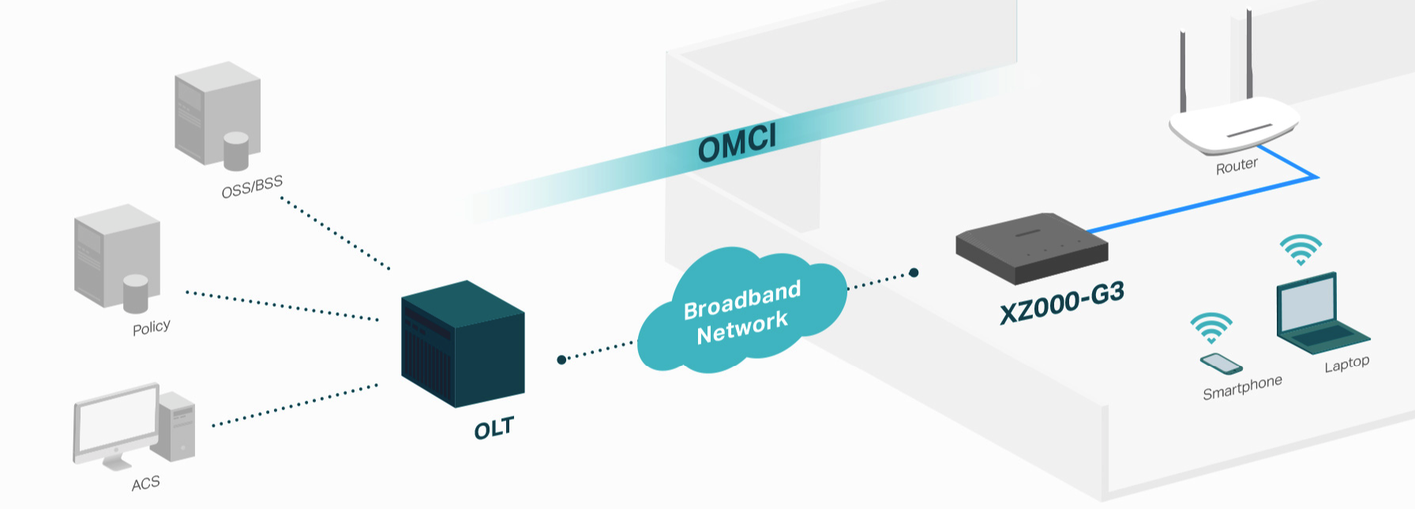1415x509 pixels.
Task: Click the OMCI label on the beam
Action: [x=738, y=142]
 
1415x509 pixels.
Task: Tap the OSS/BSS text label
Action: [x=252, y=187]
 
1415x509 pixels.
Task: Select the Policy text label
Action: [x=151, y=327]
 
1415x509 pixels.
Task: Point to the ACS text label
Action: [x=145, y=483]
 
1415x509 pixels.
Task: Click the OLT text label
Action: [x=494, y=428]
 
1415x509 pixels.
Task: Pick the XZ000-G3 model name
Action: [x=1061, y=303]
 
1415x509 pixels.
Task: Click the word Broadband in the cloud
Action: [x=742, y=300]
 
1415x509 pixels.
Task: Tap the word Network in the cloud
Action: [x=742, y=326]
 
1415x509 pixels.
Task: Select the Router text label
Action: [x=1237, y=166]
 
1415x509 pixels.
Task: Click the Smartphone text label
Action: [x=1242, y=387]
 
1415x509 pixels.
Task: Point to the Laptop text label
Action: [x=1346, y=364]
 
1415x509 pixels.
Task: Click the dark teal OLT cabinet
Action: [x=463, y=344]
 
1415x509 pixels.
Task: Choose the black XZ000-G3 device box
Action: [x=1032, y=247]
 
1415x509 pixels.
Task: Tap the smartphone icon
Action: [x=1221, y=363]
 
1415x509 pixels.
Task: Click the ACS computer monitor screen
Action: [x=116, y=425]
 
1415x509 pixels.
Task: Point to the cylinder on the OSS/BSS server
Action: [x=236, y=151]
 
